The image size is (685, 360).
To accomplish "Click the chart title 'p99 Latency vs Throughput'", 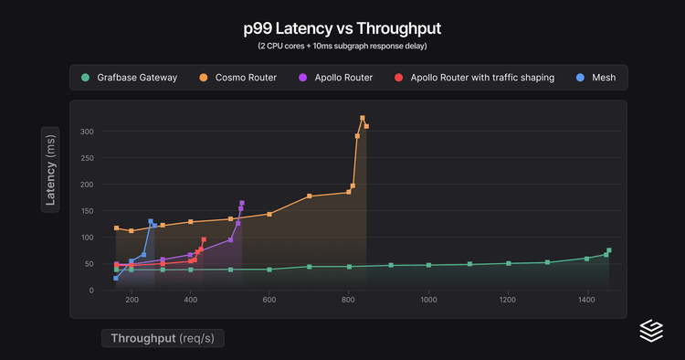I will [342, 28].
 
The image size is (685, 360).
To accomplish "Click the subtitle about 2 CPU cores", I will [342, 46].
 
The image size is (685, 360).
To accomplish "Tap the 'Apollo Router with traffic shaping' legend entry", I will [481, 78].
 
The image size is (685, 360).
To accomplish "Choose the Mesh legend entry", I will [602, 78].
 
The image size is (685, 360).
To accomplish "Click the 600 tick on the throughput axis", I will [269, 301].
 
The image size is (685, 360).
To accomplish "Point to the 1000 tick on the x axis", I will [428, 301].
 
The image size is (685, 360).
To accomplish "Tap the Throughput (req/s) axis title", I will [162, 338].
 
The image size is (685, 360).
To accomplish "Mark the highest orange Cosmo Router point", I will [363, 118].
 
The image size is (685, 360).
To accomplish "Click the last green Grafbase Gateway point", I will [609, 250].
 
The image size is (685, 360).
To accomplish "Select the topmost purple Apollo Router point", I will [242, 203].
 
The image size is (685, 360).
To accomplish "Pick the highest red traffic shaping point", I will [204, 239].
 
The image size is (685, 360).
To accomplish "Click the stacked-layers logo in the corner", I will [650, 330].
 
